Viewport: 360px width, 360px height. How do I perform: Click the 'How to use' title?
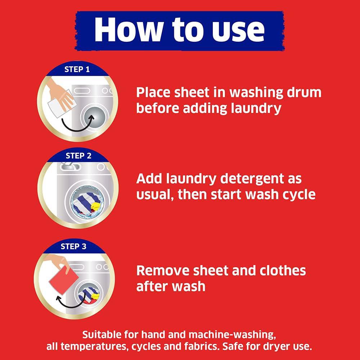179,30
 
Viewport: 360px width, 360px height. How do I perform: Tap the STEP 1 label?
77,69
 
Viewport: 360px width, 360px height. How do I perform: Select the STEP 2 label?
78,156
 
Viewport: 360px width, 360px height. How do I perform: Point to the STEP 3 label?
73,246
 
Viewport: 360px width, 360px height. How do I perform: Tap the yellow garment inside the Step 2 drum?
95,207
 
